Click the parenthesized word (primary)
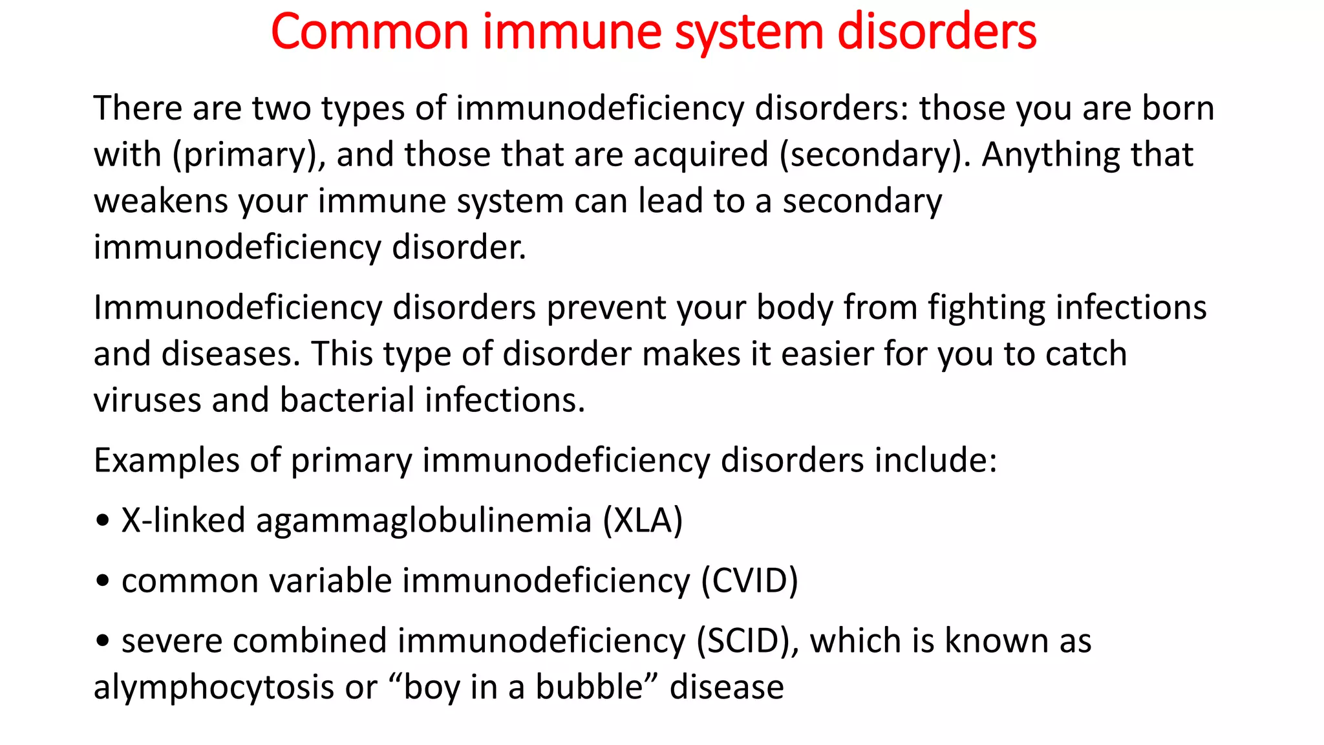coord(248,155)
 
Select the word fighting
coord(987,307)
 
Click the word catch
coord(1085,354)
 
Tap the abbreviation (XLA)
coord(643,521)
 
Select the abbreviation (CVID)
coord(749,581)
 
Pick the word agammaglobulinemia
coord(423,521)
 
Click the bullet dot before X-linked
coord(102,521)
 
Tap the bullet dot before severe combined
coord(102,642)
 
